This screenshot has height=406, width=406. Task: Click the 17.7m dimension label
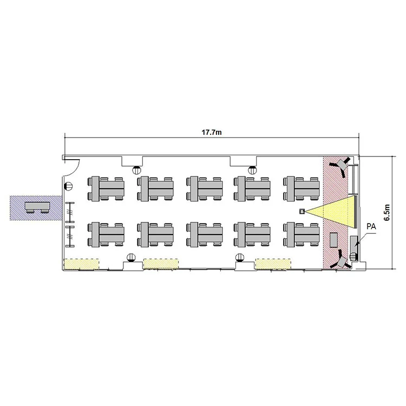coord(212,133)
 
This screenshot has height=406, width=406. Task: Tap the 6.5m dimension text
coord(387,212)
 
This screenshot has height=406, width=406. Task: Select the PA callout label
coord(371,227)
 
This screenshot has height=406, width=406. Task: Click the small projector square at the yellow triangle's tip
coord(302,212)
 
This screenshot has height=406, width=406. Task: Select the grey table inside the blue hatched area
coord(38,207)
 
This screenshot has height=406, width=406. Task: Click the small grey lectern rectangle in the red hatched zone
coord(333,240)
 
